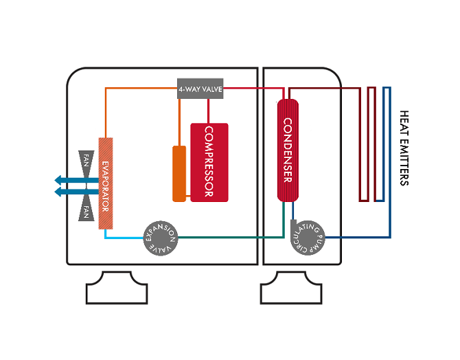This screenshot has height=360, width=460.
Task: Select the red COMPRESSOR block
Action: pos(209,162)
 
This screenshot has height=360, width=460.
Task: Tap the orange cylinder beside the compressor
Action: pos(179,173)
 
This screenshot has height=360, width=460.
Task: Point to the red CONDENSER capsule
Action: pos(288,150)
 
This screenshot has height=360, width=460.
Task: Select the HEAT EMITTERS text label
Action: pos(404,148)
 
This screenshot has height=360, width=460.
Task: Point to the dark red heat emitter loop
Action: pos(371,144)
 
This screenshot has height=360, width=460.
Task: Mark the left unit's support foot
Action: pos(117,289)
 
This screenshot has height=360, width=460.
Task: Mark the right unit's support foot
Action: pos(291,289)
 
